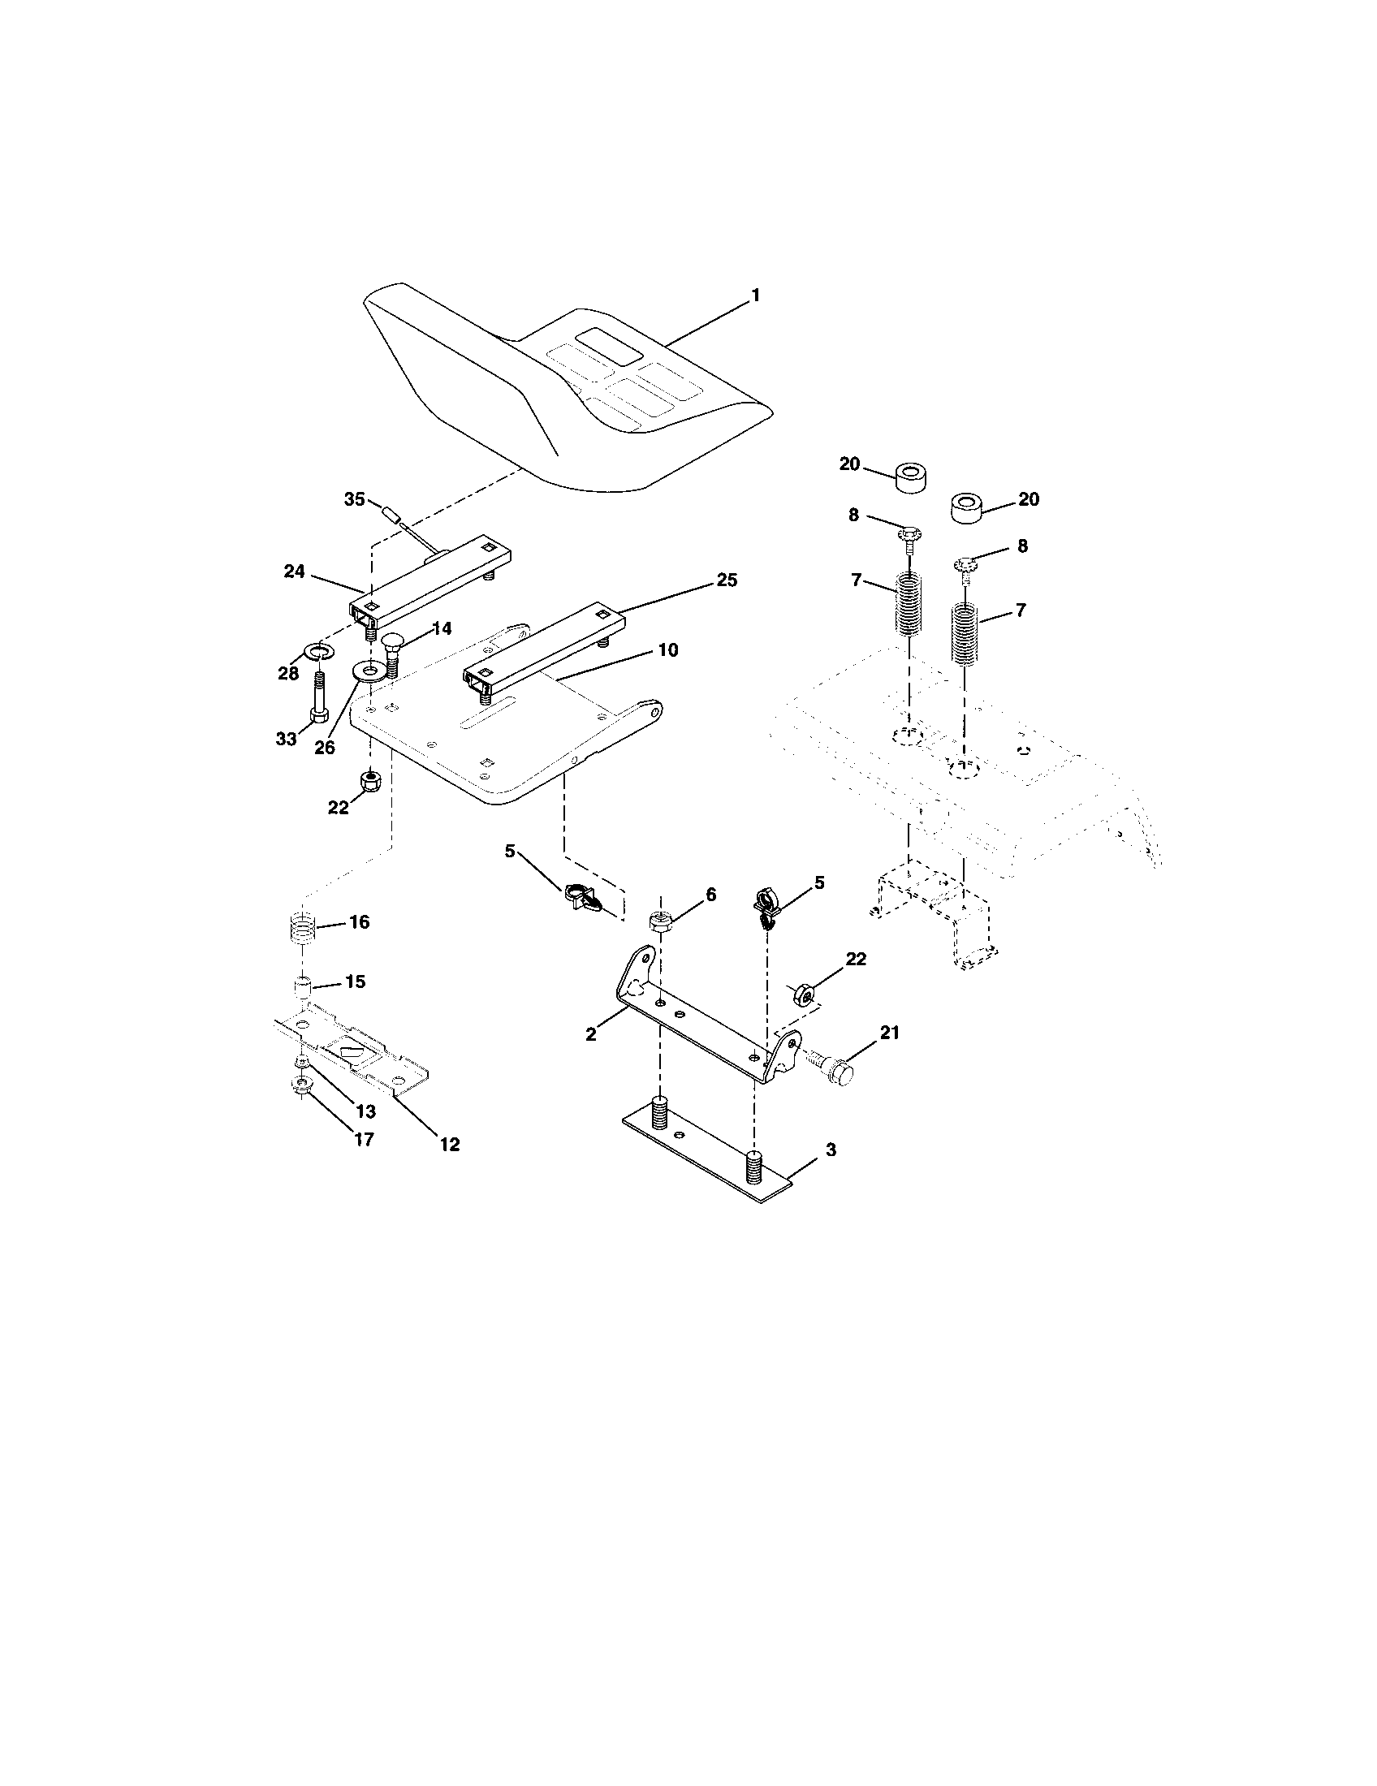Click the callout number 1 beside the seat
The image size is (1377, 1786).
click(x=755, y=296)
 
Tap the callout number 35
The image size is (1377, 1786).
click(x=354, y=498)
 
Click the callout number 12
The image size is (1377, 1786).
click(x=449, y=1144)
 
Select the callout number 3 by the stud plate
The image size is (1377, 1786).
click(x=830, y=1150)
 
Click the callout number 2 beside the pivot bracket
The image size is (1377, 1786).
click(x=590, y=1034)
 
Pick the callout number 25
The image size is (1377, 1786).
click(x=726, y=580)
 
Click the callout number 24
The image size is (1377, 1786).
click(x=294, y=572)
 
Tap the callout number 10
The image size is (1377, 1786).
click(x=667, y=650)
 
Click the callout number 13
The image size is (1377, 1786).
click(x=365, y=1111)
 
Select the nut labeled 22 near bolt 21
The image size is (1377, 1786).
click(x=804, y=994)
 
